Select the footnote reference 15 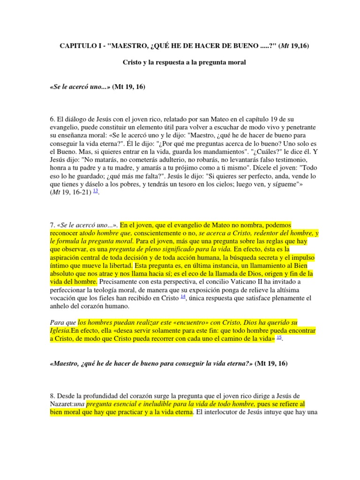pos(279,337)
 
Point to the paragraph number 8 pos(52,395)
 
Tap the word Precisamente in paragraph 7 pos(120,281)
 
